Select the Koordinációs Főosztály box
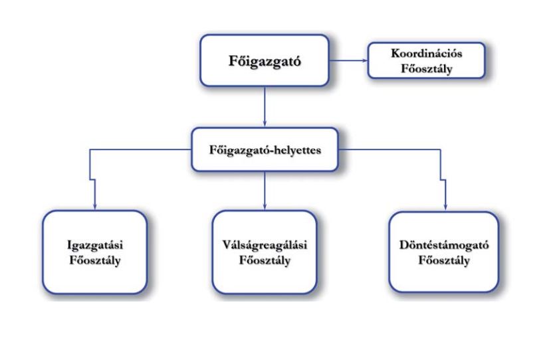click(x=409, y=62)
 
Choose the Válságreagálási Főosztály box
click(x=265, y=252)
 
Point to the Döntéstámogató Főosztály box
click(x=444, y=252)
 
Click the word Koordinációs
click(x=409, y=55)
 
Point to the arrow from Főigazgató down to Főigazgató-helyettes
click(x=265, y=106)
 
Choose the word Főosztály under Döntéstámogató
click(x=444, y=259)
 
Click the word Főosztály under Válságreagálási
click(x=265, y=259)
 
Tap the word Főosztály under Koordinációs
click(x=409, y=68)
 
